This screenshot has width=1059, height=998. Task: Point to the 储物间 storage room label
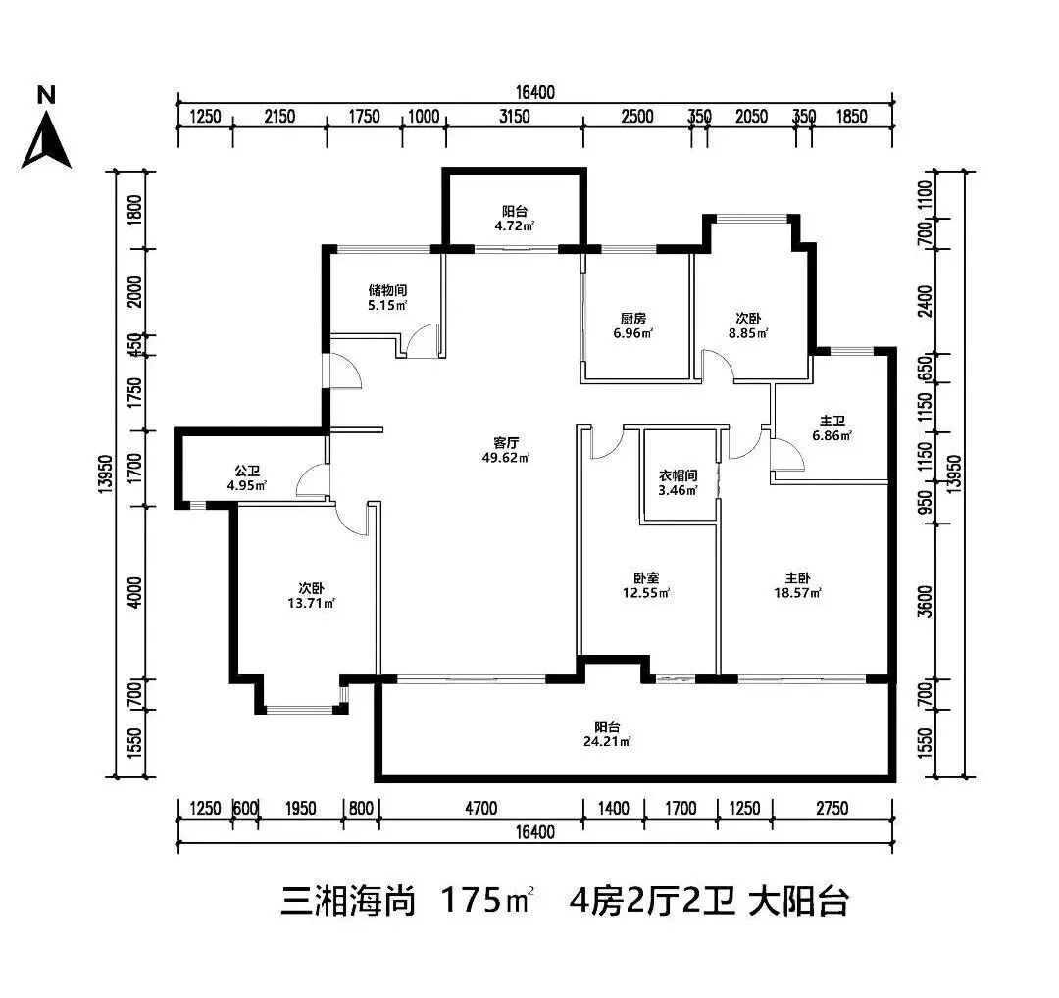pyautogui.click(x=387, y=290)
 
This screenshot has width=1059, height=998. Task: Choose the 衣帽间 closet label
pyautogui.click(x=677, y=476)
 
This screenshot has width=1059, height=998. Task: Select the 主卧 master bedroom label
pyautogui.click(x=796, y=577)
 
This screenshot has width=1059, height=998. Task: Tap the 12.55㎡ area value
pyautogui.click(x=647, y=592)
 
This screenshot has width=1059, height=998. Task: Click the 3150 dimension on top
pyautogui.click(x=514, y=117)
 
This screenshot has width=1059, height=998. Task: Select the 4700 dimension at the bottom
pyautogui.click(x=480, y=809)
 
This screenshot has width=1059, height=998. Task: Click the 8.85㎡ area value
pyautogui.click(x=748, y=332)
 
